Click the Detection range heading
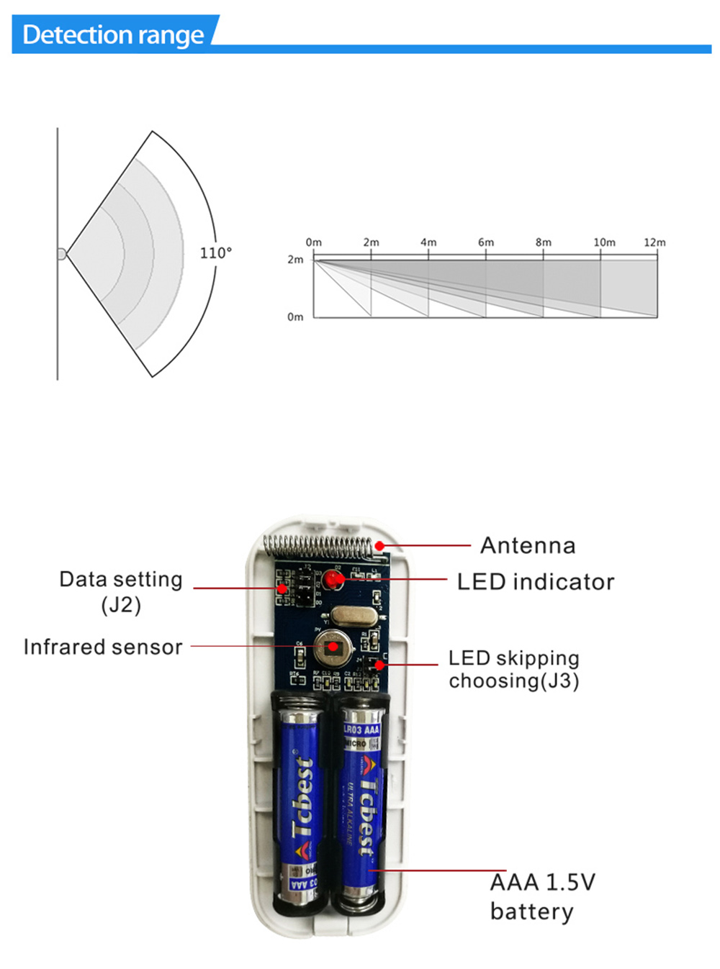pos(113,35)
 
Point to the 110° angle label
pos(216,253)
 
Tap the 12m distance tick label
pos(654,242)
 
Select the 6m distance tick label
pos(486,242)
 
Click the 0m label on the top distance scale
pos(313,242)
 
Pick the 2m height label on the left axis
pos(295,260)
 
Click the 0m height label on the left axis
pos(295,317)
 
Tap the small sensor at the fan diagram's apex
pos(61,254)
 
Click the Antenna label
pos(528,545)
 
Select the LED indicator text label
pos(536,581)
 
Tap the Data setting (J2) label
pos(121,591)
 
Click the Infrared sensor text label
pos(103,647)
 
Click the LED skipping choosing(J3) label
pos(514,669)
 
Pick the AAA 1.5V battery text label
pos(542,896)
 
